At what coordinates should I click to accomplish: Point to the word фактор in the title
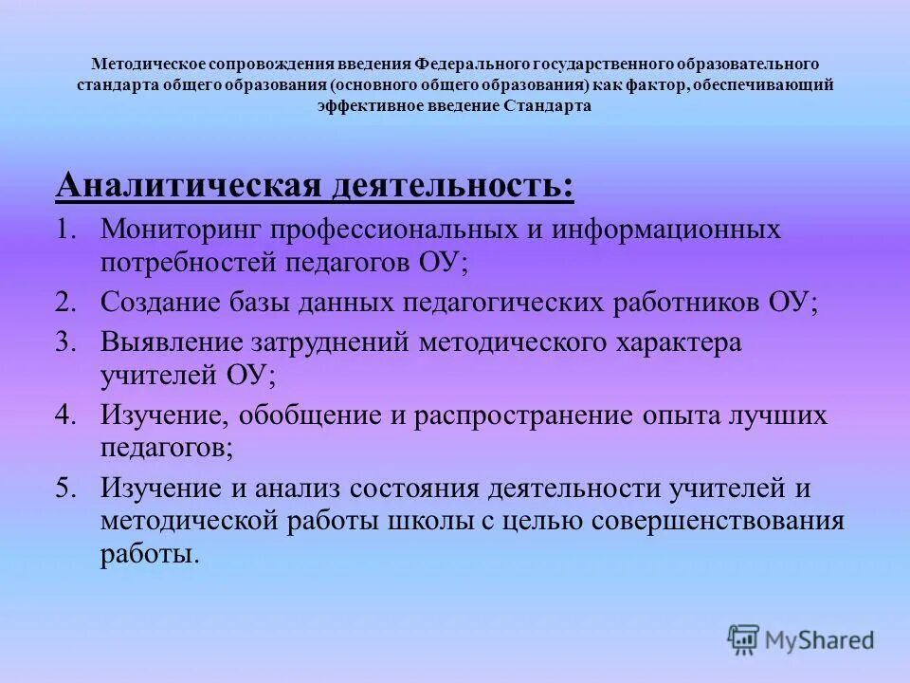click(x=654, y=85)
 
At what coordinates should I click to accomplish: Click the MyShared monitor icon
click(x=743, y=639)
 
